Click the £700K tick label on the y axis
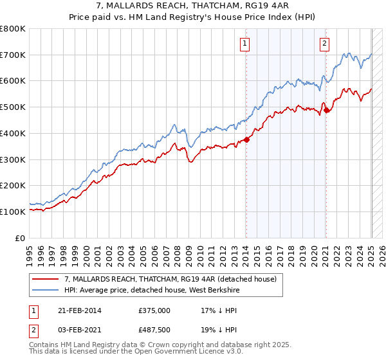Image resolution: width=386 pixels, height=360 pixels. click(x=13, y=55)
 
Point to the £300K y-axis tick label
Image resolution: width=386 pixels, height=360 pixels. click(x=13, y=159)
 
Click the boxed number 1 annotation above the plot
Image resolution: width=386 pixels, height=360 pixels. click(x=246, y=44)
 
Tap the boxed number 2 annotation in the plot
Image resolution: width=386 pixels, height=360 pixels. click(x=324, y=44)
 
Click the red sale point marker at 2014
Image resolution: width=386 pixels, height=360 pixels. click(x=246, y=140)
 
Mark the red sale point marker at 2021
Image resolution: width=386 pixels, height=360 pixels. click(x=326, y=111)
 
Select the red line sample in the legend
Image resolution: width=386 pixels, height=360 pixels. click(x=46, y=279)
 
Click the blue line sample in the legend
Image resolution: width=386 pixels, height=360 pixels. click(x=46, y=290)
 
